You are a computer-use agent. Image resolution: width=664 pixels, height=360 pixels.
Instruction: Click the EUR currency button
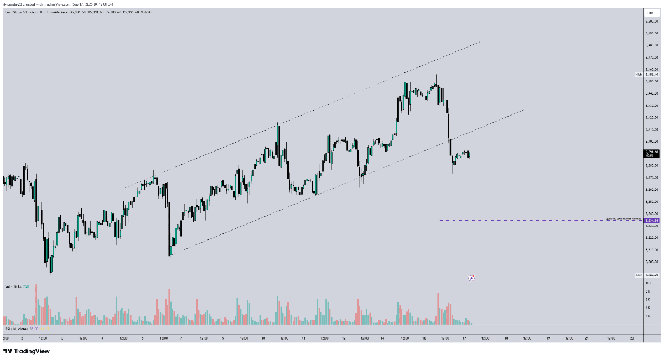[x=650, y=12]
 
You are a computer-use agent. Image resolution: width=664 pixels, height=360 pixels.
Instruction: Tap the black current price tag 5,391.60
[x=652, y=152]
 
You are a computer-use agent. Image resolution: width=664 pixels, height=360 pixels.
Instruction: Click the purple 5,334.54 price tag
[x=652, y=220]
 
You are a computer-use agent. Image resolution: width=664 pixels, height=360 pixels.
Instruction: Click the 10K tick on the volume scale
[x=647, y=283]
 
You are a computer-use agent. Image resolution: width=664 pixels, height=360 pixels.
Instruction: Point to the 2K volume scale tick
[x=647, y=316]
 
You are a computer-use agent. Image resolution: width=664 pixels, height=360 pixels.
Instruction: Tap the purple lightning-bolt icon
[x=471, y=278]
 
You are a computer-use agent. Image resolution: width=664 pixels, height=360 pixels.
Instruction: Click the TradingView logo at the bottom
[x=26, y=351]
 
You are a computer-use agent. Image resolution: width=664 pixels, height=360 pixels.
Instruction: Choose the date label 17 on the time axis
[x=465, y=338]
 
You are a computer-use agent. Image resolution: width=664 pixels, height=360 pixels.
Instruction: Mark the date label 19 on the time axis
[x=548, y=338]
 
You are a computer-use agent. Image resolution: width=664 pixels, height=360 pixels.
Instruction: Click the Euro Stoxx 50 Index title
[x=19, y=12]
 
